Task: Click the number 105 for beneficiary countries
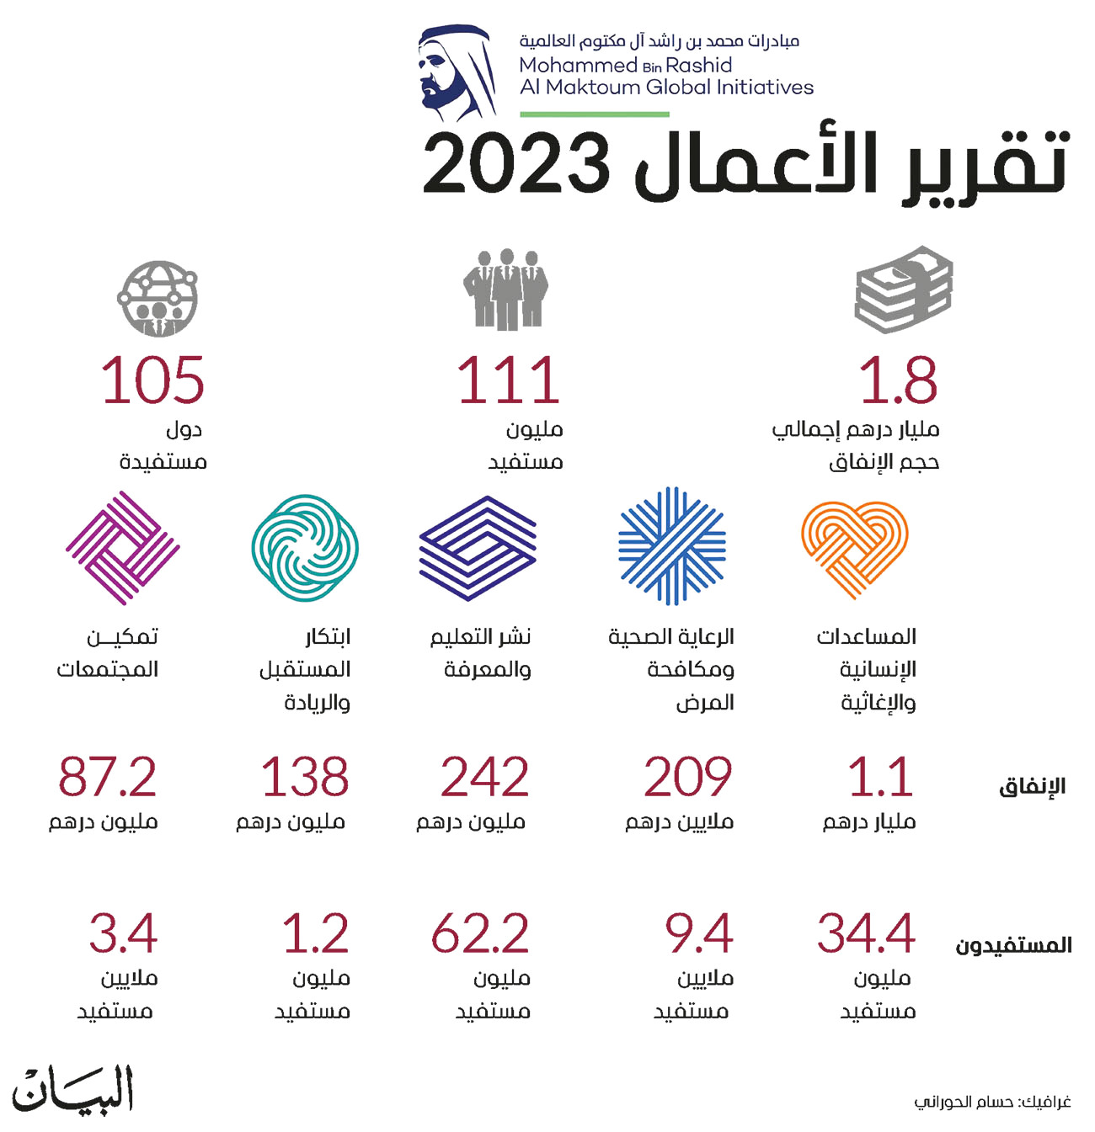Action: click(152, 380)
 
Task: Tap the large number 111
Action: click(508, 380)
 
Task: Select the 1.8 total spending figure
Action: click(898, 380)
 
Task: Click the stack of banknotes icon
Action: click(903, 290)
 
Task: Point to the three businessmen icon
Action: click(506, 290)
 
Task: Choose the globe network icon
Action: click(158, 298)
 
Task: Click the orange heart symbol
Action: click(855, 550)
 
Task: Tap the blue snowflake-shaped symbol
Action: click(672, 545)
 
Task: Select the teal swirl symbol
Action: click(304, 547)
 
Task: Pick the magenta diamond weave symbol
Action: click(122, 547)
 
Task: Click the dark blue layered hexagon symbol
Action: click(478, 548)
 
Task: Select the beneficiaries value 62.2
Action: click(480, 933)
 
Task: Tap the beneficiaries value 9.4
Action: click(698, 933)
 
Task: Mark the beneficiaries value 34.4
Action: click(866, 933)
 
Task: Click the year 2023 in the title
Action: click(515, 165)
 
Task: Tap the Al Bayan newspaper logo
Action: click(72, 1089)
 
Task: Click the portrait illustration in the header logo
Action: click(457, 72)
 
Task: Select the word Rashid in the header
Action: click(698, 65)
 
